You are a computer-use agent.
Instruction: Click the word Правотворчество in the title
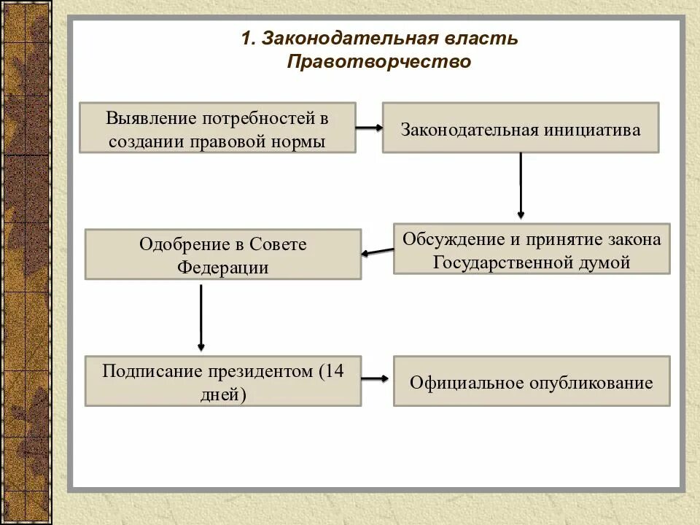click(x=379, y=63)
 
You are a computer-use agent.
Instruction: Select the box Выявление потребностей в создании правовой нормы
click(x=217, y=128)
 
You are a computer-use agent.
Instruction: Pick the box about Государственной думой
click(x=531, y=249)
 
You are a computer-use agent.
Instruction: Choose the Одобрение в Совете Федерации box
click(x=222, y=254)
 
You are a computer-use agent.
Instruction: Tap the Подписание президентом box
click(x=222, y=381)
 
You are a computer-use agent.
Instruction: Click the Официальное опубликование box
click(x=531, y=381)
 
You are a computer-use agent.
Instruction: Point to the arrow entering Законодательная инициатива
click(x=369, y=128)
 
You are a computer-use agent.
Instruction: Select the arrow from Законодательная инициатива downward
click(x=521, y=186)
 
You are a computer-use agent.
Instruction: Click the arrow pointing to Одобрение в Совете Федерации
click(x=377, y=252)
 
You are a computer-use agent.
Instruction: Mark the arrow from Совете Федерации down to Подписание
click(x=201, y=317)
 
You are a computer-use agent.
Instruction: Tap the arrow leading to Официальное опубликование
click(x=376, y=378)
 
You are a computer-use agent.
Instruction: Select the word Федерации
click(x=222, y=268)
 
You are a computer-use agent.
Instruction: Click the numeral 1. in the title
click(x=248, y=39)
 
